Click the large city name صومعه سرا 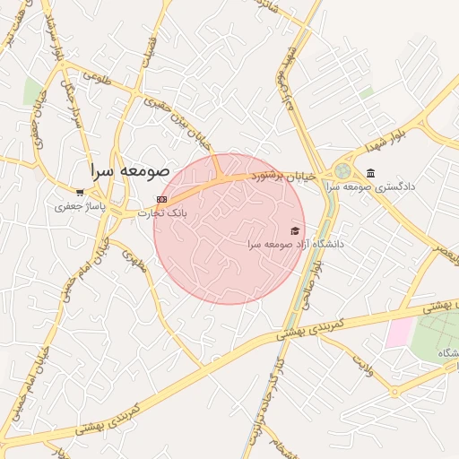pos(129,169)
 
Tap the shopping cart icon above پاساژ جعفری pos(81,192)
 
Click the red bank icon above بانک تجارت pos(161,199)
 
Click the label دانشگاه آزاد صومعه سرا pos(296,244)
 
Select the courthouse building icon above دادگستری pos(371,173)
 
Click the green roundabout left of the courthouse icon pos(342,170)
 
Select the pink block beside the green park pos(399,333)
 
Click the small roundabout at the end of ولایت pos(394,392)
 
